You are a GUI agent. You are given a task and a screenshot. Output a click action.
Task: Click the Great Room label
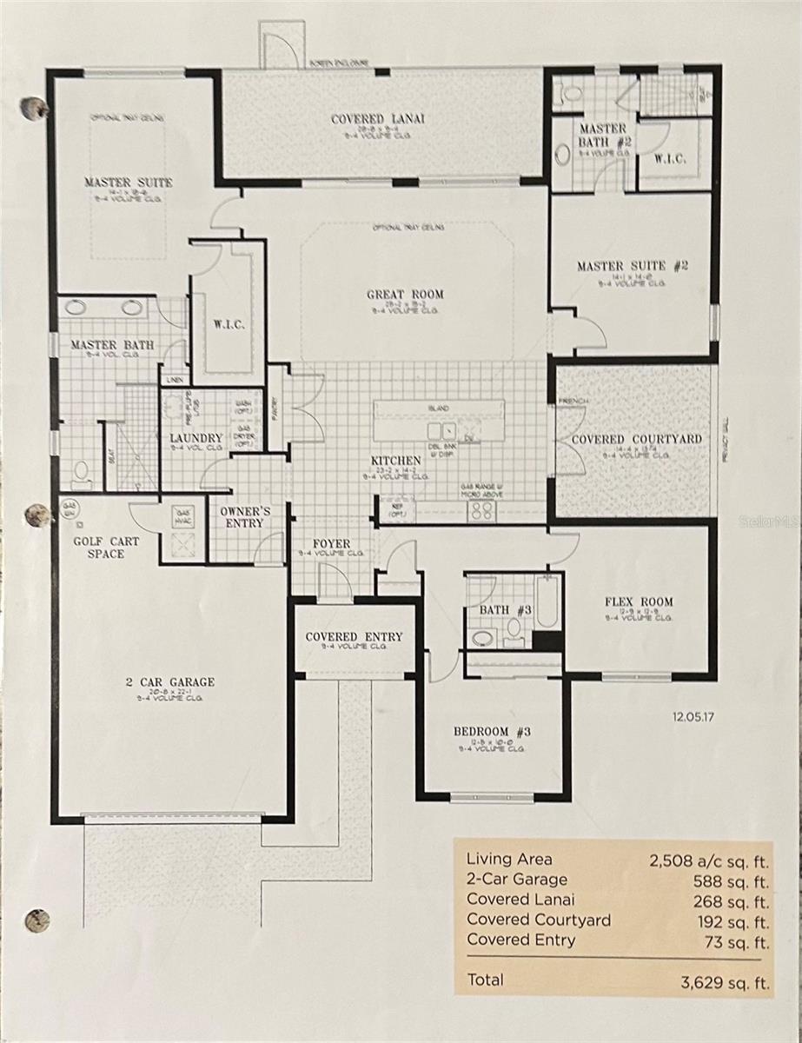pos(404,295)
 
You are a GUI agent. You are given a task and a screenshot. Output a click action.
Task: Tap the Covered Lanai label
pos(378,119)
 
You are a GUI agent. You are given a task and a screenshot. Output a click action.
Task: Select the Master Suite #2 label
pos(632,266)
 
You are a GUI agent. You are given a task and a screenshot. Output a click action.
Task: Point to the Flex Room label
pos(639,601)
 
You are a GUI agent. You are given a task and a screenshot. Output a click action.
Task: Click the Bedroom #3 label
pos(492,731)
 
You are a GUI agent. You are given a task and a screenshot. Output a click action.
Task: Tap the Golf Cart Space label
pos(105,548)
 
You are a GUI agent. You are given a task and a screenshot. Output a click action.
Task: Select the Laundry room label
pos(196,438)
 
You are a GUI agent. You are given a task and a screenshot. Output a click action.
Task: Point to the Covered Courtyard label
pos(636,440)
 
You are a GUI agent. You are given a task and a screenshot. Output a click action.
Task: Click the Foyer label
pos(330,544)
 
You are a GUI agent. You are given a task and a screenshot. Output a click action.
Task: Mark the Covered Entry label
pos(354,637)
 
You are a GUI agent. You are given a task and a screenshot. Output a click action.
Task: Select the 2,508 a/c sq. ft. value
pos(709,860)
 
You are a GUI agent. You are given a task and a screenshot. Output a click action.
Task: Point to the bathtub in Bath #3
pos(547,601)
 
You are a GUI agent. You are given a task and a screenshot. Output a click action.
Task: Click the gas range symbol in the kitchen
pos(481,511)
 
